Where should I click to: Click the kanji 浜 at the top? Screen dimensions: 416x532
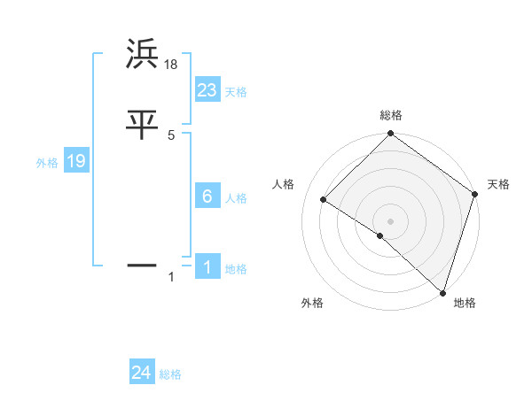point(143,54)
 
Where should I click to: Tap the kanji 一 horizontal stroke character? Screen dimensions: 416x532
point(143,265)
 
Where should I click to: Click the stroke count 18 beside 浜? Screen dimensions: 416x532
point(172,64)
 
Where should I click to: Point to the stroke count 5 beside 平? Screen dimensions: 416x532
point(171,135)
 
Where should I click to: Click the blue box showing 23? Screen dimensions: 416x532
point(207,89)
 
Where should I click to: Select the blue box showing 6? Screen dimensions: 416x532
point(207,196)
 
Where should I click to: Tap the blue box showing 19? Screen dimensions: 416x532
point(75,161)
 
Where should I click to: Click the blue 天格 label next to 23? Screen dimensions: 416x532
point(236,92)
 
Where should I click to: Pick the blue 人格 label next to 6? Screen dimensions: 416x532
point(236,198)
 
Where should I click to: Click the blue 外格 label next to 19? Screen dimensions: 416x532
point(47,163)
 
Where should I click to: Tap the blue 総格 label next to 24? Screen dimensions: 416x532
point(170,374)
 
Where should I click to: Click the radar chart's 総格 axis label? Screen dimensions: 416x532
point(391,115)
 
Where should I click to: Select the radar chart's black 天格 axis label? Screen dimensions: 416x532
point(498,184)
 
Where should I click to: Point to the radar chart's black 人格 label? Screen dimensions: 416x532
point(284,184)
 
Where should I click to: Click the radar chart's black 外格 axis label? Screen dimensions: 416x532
point(312,303)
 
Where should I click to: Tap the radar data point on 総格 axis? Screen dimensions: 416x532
point(391,135)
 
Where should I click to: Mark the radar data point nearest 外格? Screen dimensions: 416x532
point(380,235)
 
